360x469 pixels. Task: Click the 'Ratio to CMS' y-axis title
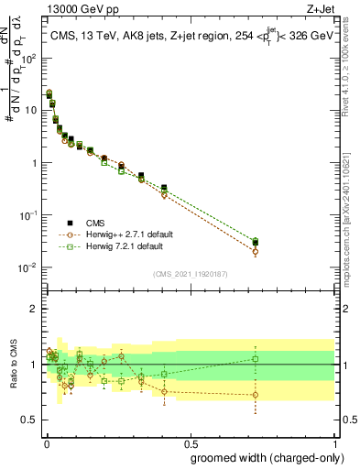point(13,365)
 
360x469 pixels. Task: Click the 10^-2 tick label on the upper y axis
point(27,267)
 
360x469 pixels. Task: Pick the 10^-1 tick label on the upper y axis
point(27,215)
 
